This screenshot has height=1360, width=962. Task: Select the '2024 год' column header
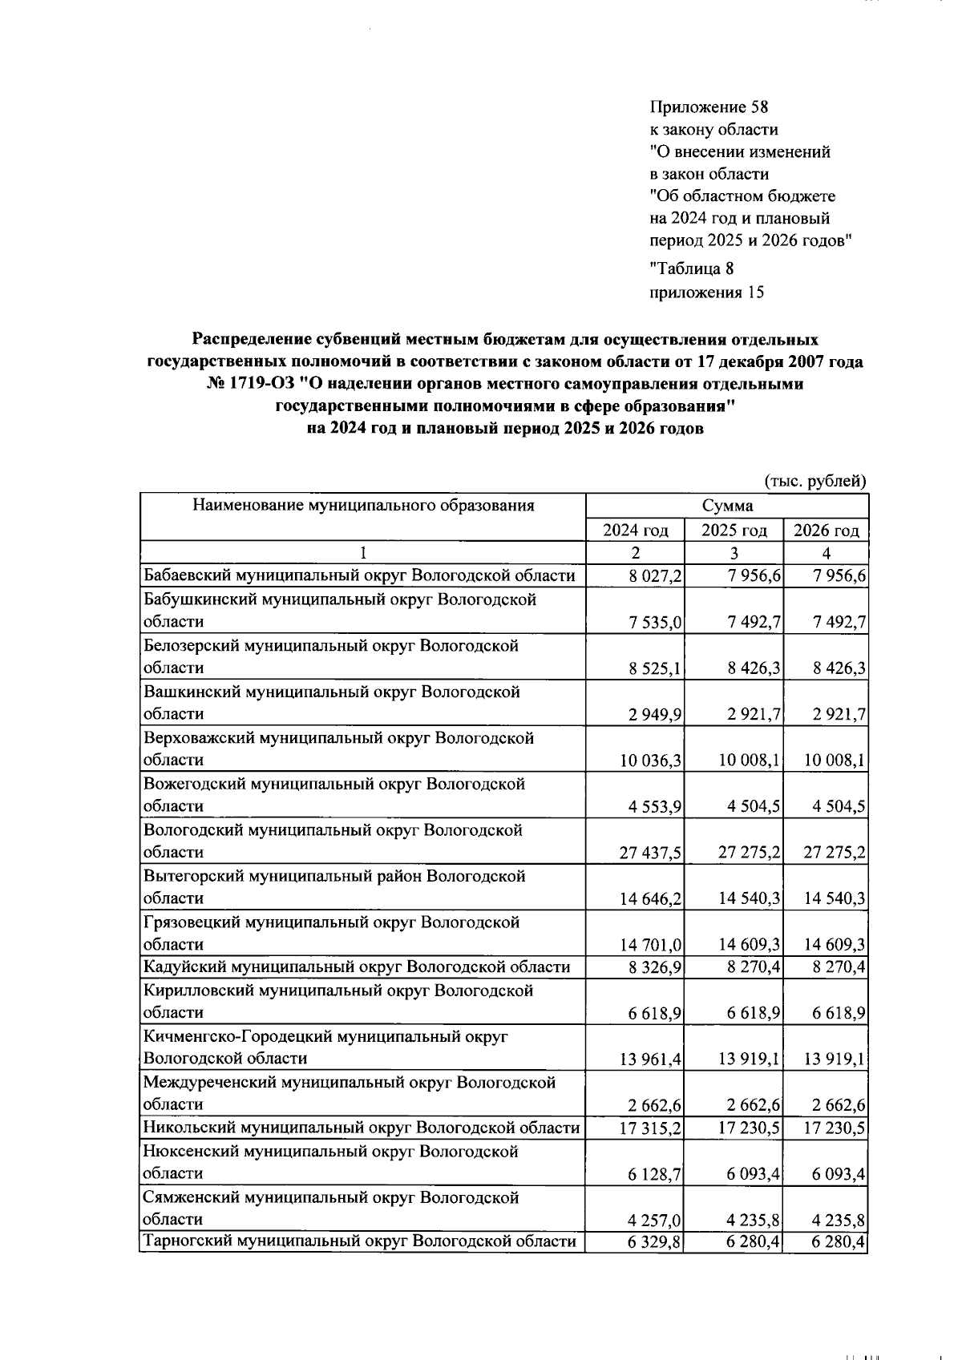tap(635, 531)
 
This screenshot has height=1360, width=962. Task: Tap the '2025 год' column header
tap(734, 531)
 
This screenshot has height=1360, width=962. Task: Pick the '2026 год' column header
tap(826, 531)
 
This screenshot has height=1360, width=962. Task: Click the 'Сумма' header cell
tap(727, 506)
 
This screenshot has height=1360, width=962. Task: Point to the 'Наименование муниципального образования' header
tap(362, 506)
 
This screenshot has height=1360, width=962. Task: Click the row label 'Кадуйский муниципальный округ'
tap(356, 967)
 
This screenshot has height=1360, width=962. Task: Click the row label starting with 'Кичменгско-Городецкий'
tap(325, 1037)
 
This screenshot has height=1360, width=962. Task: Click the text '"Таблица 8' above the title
tap(691, 268)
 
